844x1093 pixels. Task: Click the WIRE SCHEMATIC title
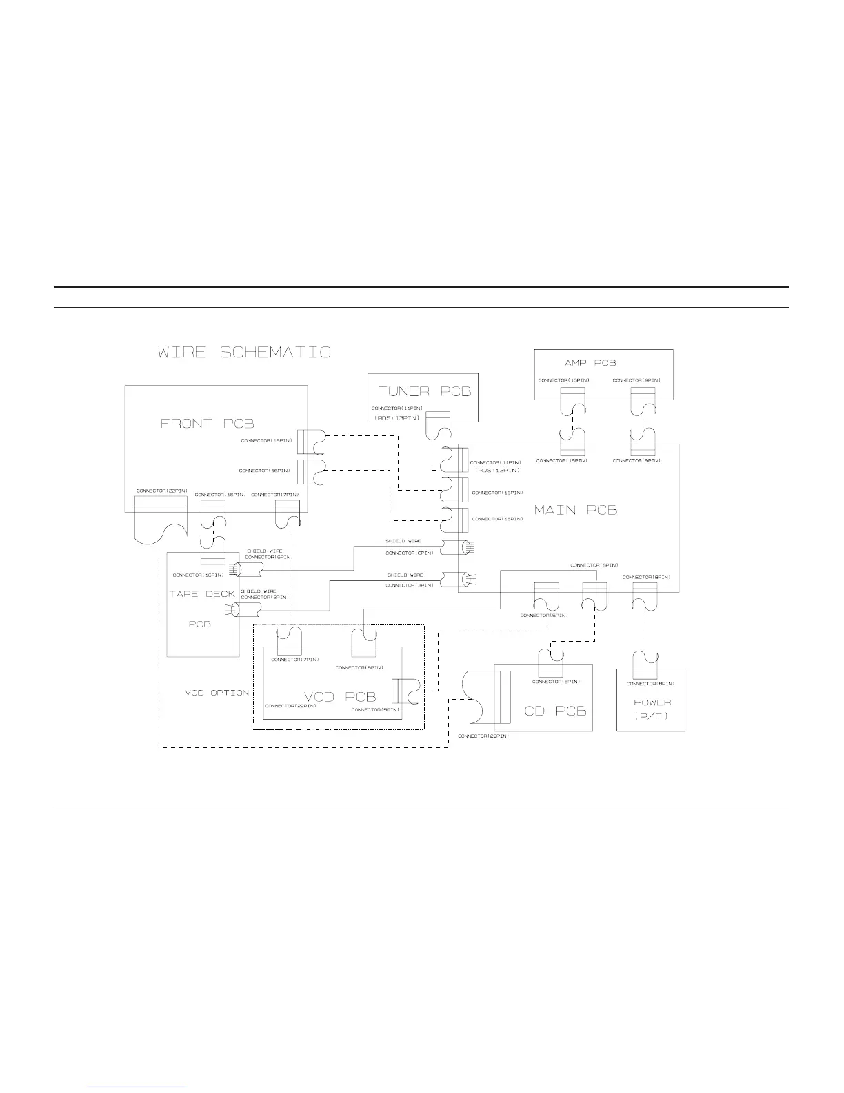coord(244,353)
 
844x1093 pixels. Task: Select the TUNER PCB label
coord(424,391)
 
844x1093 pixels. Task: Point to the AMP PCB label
coord(590,363)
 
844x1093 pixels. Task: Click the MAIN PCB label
coord(576,510)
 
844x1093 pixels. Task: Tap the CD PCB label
coord(555,710)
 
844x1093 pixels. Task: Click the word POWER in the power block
coord(652,702)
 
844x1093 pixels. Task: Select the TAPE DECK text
coord(202,594)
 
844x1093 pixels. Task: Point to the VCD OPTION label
coord(216,692)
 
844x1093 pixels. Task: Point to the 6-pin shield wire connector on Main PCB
coord(454,548)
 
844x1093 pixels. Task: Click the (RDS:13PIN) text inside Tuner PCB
coord(396,418)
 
